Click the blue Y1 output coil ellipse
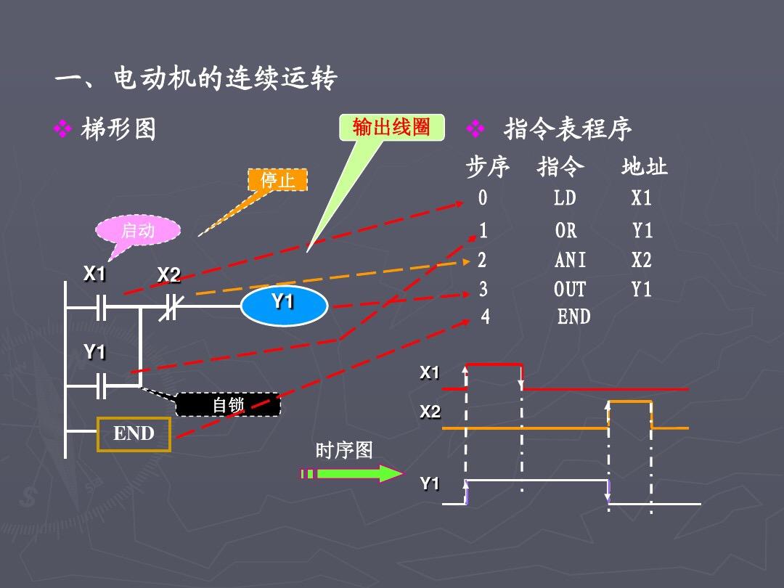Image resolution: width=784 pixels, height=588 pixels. click(284, 306)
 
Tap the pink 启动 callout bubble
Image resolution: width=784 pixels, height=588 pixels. click(138, 231)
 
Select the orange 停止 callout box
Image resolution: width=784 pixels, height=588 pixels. click(277, 180)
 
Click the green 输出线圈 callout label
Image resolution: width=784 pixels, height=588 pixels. click(391, 128)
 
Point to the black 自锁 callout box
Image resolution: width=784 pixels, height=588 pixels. click(228, 404)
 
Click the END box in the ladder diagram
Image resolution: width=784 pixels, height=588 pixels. click(134, 434)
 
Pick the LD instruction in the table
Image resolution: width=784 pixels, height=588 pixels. click(564, 198)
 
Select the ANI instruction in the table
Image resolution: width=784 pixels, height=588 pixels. click(570, 260)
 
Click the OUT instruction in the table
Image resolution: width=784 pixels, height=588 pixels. click(569, 290)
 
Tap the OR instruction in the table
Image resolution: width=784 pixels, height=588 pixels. click(565, 231)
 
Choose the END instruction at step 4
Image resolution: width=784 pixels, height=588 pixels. click(573, 317)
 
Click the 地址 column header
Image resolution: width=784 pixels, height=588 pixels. click(643, 167)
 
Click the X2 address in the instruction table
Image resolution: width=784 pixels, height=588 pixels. click(641, 260)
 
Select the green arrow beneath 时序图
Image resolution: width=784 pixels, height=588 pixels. click(351, 474)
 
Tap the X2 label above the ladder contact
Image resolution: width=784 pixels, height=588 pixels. click(168, 275)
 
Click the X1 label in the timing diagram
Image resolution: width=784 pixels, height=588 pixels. click(430, 372)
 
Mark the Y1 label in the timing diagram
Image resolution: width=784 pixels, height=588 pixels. click(430, 483)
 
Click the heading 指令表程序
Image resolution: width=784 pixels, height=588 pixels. click(567, 130)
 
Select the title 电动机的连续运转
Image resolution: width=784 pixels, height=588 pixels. click(225, 78)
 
